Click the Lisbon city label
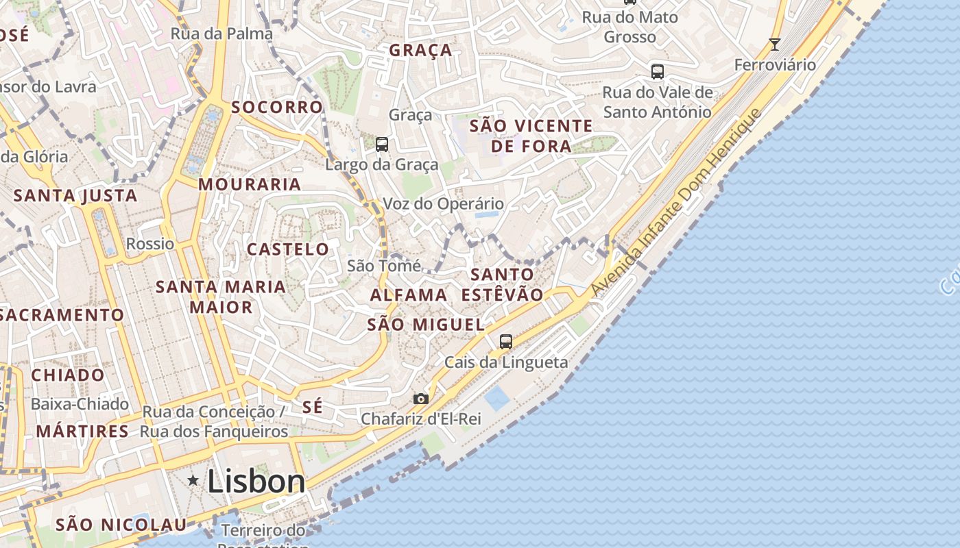[x=256, y=481]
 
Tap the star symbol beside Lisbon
[x=194, y=481]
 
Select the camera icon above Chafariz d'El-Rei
[x=421, y=399]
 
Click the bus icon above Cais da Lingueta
[x=506, y=341]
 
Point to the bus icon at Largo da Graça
[x=382, y=145]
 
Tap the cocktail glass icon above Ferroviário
[x=775, y=45]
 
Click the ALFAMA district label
[x=409, y=295]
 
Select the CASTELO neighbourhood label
[x=288, y=249]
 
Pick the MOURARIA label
[x=250, y=184]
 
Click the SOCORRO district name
[x=277, y=107]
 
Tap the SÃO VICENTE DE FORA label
[x=531, y=136]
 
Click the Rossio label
[x=150, y=244]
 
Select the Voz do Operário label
[x=443, y=203]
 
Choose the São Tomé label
[x=383, y=266]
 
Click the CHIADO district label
[x=68, y=375]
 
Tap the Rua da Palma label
[x=221, y=34]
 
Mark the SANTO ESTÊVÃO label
[x=503, y=284]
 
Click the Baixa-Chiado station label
[x=80, y=404]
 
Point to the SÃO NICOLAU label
[x=121, y=525]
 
